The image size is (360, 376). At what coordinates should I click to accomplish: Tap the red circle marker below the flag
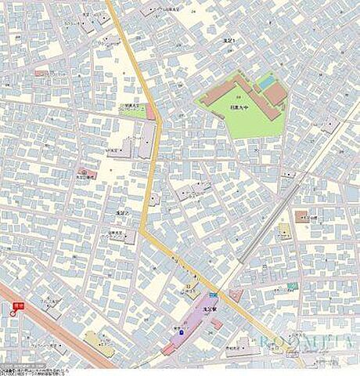tap(13, 313)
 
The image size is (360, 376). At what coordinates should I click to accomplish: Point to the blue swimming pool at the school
tap(267, 80)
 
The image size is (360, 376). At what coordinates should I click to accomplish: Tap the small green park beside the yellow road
tap(131, 110)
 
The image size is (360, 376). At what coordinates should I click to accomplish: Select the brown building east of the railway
tap(302, 216)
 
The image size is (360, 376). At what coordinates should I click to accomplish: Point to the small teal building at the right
tap(292, 286)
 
